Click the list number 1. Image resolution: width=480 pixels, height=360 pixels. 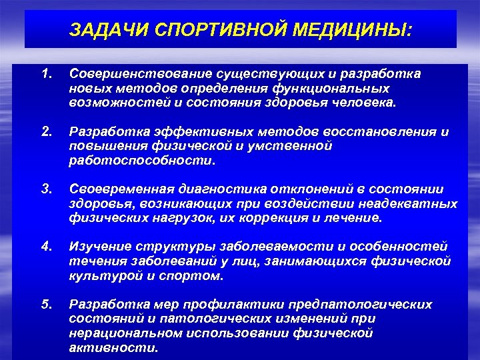[x=46, y=73]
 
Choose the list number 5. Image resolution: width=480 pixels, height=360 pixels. [x=46, y=304]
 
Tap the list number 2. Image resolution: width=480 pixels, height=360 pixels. [x=46, y=131]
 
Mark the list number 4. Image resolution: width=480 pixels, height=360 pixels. [x=46, y=247]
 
